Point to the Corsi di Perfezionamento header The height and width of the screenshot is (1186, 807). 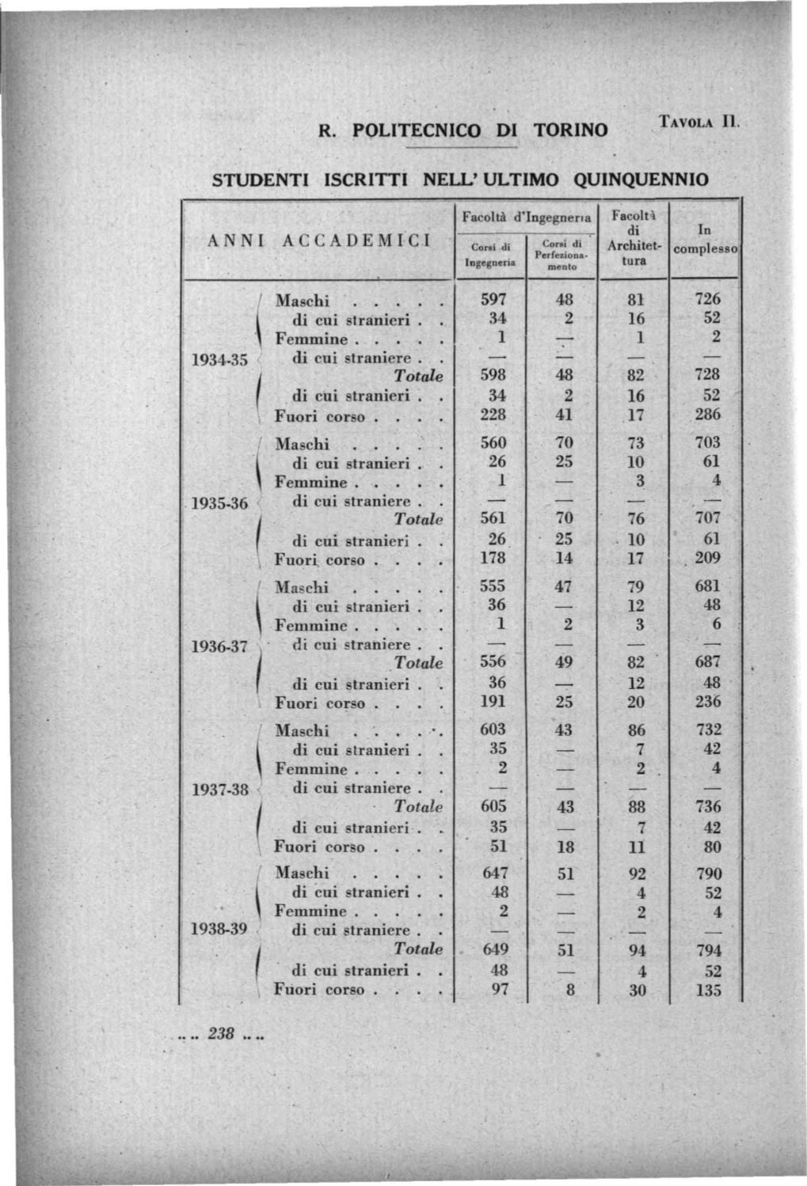561,255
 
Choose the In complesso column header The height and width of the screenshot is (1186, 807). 704,240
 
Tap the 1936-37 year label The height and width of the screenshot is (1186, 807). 220,646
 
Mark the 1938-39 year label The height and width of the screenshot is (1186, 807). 220,930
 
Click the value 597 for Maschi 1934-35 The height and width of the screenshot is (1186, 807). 493,299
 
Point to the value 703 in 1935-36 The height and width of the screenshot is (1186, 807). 707,443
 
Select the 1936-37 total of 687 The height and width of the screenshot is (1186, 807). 707,661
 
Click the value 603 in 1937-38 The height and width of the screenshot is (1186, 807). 493,729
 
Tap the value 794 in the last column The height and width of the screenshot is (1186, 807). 708,949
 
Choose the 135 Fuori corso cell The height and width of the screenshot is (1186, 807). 708,990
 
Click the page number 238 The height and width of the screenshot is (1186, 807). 220,1033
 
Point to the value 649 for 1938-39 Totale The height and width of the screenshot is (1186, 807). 496,949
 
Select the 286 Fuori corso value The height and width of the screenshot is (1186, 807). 707,415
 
